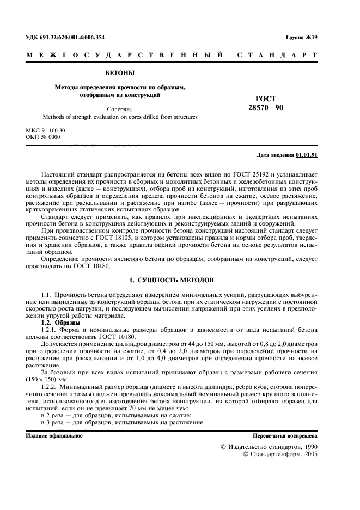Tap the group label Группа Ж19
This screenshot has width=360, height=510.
(x=301, y=37)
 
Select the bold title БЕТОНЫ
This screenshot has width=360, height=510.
(x=119, y=72)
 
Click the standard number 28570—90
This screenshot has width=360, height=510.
(x=266, y=107)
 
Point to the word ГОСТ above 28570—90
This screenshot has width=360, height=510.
(x=266, y=99)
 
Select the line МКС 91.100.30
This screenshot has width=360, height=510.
(x=45, y=130)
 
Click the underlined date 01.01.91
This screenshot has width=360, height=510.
(x=307, y=155)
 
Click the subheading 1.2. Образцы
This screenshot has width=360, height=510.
(x=60, y=323)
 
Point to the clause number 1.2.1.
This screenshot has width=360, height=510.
(x=51, y=330)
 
